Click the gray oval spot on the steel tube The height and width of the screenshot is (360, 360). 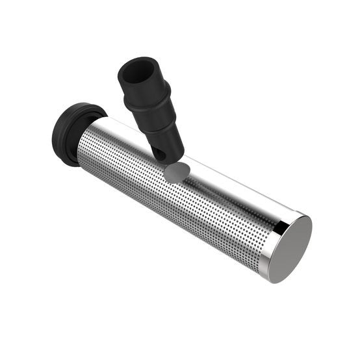(x=177, y=170)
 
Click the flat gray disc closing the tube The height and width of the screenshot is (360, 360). (x=290, y=248)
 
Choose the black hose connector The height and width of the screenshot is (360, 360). (x=151, y=107)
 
